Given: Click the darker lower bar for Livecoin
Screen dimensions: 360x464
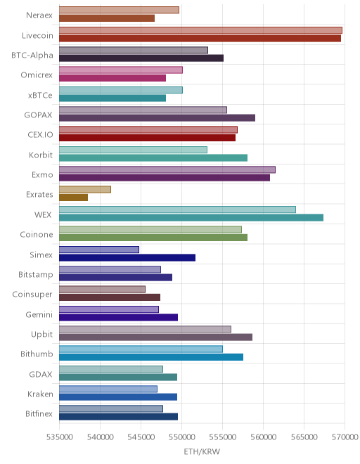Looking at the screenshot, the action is coord(200,39).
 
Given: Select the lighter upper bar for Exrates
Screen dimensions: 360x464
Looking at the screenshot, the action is coord(85,189).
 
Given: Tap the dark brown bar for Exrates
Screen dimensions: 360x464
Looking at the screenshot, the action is coord(73,198).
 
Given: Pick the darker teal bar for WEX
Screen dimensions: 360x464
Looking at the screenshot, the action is coord(191,217).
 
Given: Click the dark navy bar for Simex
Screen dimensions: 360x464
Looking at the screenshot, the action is coord(127,257).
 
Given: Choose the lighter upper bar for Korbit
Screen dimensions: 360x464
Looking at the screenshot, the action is coord(133,150).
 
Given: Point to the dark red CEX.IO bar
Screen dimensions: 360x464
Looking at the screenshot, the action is coord(148,138).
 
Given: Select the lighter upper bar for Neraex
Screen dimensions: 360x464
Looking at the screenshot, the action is coord(119,10).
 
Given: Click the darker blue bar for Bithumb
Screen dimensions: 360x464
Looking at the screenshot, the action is coord(151,357).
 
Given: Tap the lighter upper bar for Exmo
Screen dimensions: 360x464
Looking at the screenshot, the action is coord(167,169).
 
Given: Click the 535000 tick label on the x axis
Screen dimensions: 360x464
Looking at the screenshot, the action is coord(60,437).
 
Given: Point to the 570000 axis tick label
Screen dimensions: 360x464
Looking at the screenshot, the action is coord(345,437).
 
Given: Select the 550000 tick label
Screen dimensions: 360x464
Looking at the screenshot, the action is coord(182,437).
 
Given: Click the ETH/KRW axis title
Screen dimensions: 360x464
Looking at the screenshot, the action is coord(202,451).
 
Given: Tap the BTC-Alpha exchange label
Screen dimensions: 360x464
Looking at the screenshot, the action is coord(32,56).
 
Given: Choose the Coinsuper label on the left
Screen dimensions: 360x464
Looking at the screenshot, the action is coord(32,295).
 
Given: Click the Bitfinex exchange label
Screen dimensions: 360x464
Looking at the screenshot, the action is coord(39,413).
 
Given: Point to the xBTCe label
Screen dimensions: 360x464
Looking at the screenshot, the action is coord(40,96).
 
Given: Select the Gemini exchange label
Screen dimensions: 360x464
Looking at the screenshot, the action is coord(39,314).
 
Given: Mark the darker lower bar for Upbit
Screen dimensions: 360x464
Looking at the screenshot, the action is coord(155,337).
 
